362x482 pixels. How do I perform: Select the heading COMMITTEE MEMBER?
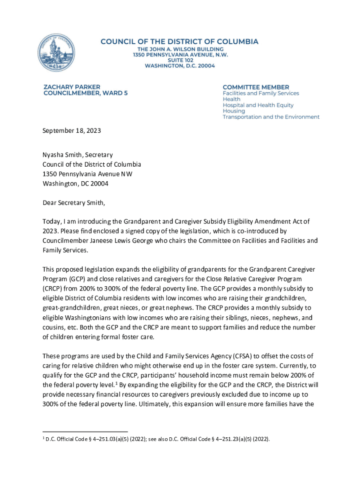[256, 87]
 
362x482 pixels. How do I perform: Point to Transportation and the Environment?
[271, 117]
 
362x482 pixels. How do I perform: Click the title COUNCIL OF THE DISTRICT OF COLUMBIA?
[179, 41]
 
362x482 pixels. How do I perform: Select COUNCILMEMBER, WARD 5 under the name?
[85, 93]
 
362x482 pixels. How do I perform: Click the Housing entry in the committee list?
[234, 111]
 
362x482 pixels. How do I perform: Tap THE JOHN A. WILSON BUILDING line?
[180, 49]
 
